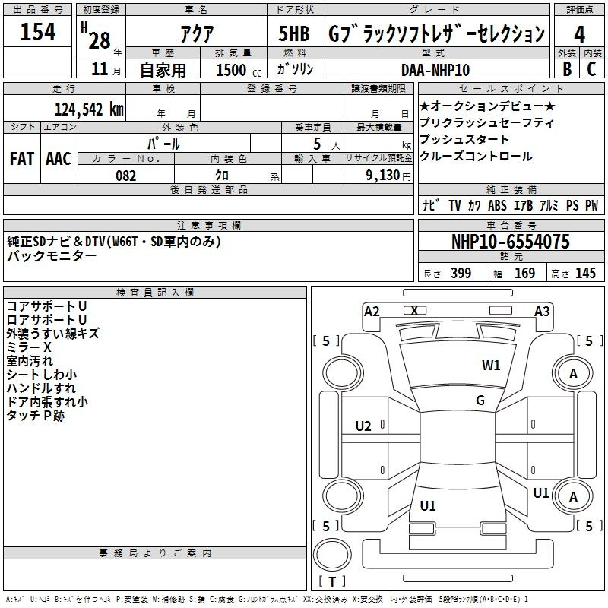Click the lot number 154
point(37,32)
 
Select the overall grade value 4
point(579,34)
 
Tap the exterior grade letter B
point(567,69)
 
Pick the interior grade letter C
point(591,69)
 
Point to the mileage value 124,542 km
point(89,109)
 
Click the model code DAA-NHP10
point(435,70)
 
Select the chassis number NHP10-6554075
point(511,242)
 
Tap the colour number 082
point(126,176)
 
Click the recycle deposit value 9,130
point(383,176)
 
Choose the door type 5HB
point(294,33)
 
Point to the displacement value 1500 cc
point(239,70)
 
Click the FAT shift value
point(22,159)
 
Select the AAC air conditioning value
point(59,159)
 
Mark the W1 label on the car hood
point(491,365)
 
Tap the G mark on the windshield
point(480,401)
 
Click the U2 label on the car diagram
point(363,426)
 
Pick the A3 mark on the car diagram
point(542,312)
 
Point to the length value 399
point(461,273)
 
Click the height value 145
point(585,273)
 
